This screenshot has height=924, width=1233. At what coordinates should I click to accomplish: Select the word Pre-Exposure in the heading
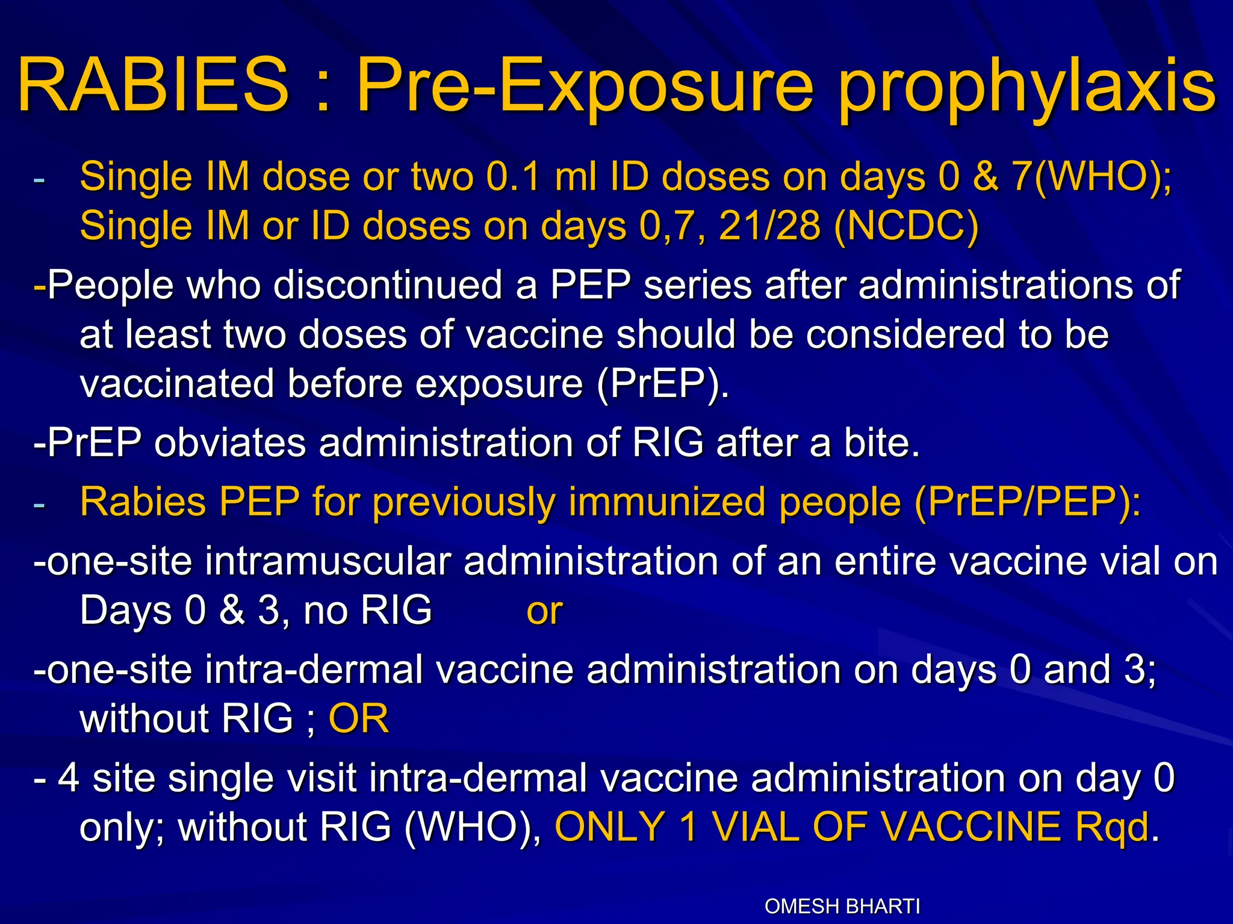584,85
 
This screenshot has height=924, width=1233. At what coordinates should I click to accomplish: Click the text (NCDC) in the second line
907,226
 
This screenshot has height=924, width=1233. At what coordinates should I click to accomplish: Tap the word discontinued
388,285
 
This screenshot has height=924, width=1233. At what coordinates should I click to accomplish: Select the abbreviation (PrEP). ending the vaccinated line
663,383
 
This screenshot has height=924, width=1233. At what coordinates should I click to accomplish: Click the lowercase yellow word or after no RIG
544,611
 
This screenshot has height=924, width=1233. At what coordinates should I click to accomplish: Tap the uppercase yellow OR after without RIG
359,718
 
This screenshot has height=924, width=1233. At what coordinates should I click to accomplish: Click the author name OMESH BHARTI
842,906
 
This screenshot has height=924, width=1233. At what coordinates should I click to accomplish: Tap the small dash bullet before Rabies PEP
39,504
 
